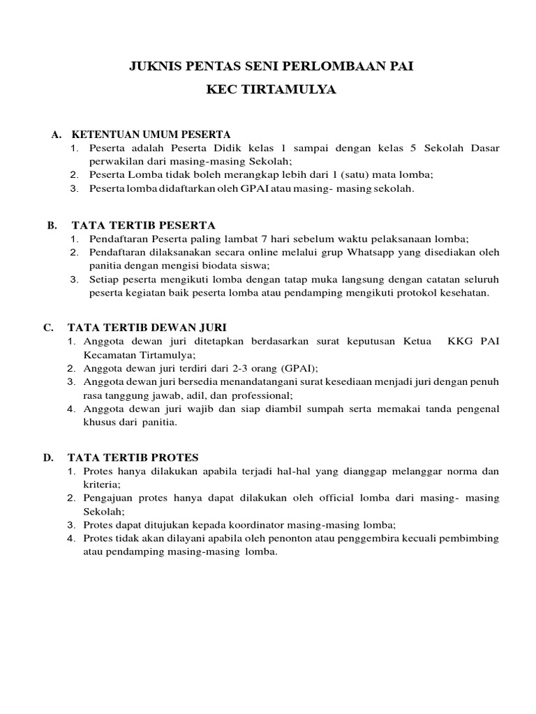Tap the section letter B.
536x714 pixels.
pyautogui.click(x=52, y=225)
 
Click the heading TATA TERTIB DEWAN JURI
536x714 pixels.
pyautogui.click(x=147, y=327)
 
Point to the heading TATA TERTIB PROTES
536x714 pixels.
pyautogui.click(x=133, y=457)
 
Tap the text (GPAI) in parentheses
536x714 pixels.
pyautogui.click(x=299, y=367)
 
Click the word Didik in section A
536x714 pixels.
pyautogui.click(x=192, y=149)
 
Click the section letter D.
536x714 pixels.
pyautogui.click(x=48, y=457)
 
